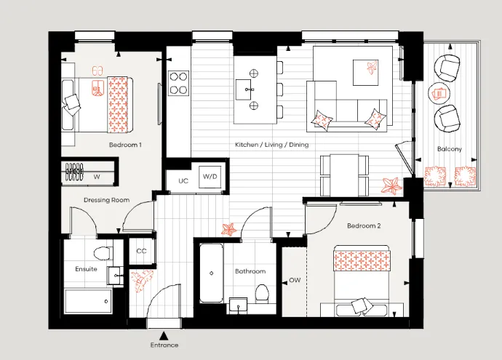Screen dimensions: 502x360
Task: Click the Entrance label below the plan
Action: click(164, 345)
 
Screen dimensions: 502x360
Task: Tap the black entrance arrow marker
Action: click(164, 336)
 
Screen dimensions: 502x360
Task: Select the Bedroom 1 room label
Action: click(125, 145)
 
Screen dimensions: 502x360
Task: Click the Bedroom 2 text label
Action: click(364, 226)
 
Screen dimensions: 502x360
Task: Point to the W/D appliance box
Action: click(210, 177)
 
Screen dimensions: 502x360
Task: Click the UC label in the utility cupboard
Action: click(183, 181)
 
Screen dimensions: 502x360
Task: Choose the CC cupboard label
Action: click(141, 251)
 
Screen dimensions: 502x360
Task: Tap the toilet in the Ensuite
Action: click(103, 253)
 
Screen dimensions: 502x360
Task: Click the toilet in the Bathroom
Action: click(262, 294)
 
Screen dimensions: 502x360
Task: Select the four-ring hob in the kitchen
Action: click(179, 83)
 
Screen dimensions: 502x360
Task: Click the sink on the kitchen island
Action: click(245, 89)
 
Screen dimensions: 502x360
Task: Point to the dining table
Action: click(344, 175)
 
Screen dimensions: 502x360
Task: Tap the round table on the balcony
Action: click(439, 93)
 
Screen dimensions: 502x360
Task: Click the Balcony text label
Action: click(450, 149)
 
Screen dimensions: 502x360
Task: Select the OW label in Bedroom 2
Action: click(295, 280)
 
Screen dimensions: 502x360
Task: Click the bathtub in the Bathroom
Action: click(211, 273)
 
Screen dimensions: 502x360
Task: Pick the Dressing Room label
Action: click(107, 200)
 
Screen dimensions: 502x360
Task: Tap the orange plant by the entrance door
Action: click(142, 281)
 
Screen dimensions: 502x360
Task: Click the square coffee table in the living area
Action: click(366, 73)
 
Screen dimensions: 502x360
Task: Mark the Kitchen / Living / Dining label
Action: click(272, 145)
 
